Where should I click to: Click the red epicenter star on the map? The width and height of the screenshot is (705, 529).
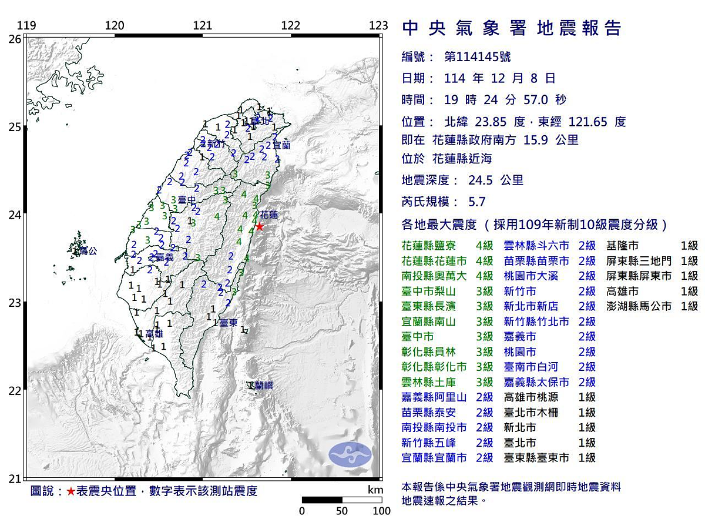[x=260, y=226]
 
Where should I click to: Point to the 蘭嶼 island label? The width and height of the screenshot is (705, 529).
[x=260, y=386]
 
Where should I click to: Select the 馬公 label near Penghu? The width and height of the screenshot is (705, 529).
[x=87, y=251]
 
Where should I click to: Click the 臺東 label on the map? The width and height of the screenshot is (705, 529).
[x=228, y=323]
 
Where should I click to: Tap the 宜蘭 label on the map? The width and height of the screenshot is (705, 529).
[x=281, y=144]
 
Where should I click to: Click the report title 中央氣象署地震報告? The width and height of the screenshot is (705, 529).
[x=511, y=28]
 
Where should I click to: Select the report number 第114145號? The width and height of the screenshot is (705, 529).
[x=477, y=56]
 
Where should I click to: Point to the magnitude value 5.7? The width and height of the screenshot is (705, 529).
[x=477, y=202]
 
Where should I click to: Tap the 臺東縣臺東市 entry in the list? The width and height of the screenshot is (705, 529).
[x=536, y=458]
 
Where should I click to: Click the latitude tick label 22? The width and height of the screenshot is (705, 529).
[x=15, y=391]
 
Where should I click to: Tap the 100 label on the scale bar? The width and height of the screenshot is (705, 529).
[x=381, y=511]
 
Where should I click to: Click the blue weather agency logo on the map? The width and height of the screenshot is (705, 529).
[x=350, y=454]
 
